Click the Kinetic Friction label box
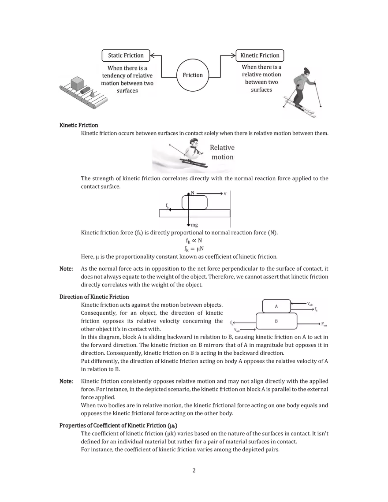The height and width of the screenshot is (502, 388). (x=260, y=56)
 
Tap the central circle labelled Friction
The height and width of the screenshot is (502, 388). (x=193, y=75)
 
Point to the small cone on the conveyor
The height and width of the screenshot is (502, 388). (x=92, y=93)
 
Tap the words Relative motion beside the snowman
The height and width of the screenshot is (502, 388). (x=222, y=152)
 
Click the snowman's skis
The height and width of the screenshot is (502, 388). (x=193, y=163)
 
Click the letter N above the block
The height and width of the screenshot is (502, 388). (x=192, y=193)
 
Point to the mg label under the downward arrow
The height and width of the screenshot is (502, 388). (x=194, y=225)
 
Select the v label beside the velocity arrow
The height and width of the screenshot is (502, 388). (x=225, y=193)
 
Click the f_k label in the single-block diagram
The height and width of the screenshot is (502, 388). (x=168, y=205)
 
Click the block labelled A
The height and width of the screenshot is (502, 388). (x=276, y=306)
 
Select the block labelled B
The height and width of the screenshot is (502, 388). (x=276, y=321)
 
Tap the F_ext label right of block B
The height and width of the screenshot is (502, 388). (x=324, y=325)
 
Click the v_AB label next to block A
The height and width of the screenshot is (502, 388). (x=310, y=304)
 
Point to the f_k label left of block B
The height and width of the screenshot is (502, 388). (x=232, y=323)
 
